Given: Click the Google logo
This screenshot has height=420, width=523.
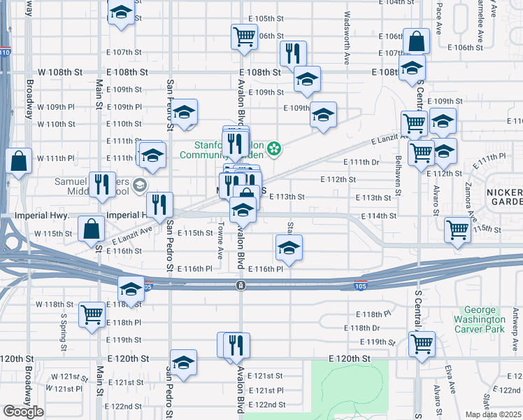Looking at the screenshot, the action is coord(23,412).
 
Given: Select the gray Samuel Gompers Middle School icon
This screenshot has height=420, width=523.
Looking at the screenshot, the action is coord(139,185).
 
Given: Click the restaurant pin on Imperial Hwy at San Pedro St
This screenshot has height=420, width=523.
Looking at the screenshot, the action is coord(161,204).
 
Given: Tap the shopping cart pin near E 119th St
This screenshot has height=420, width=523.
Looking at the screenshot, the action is coord(422,344).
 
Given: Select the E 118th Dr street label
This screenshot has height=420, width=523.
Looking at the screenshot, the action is coord(362,328).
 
